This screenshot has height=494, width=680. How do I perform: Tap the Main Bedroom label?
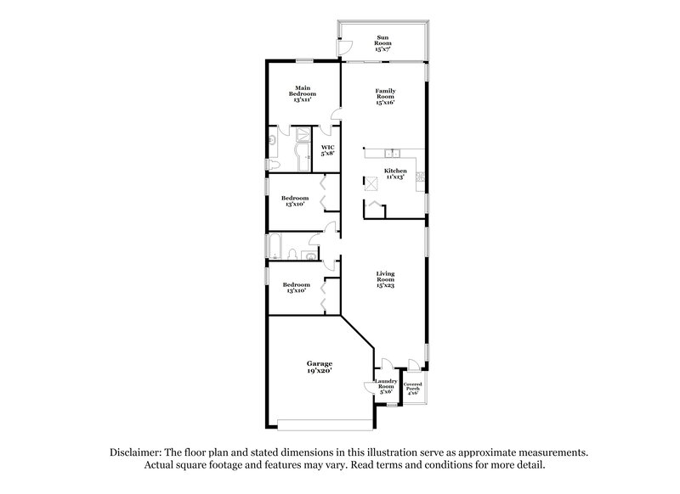[x=302, y=93]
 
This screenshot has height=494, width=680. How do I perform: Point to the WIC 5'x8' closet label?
[x=326, y=151]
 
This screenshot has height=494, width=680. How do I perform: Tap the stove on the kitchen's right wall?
[x=420, y=176]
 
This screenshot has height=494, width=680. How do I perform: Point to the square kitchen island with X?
[x=372, y=182]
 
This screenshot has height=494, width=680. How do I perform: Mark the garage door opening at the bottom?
[x=324, y=423]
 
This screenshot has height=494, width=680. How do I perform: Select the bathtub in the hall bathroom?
[x=277, y=245]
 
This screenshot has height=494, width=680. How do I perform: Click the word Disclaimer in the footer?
[x=134, y=452]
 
